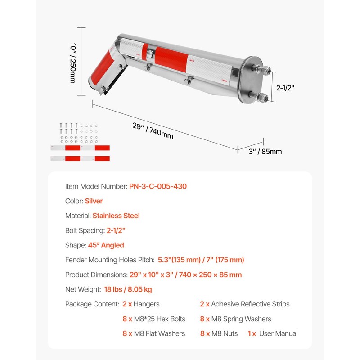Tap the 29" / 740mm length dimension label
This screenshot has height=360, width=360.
[153, 130]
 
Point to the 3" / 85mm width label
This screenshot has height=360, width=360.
[265, 152]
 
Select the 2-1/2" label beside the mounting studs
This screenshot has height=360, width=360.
[285, 89]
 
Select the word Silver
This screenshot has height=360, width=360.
[94, 201]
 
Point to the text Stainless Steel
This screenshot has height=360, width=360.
[116, 216]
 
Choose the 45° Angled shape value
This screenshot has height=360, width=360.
[106, 245]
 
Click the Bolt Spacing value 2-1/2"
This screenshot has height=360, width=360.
[116, 230]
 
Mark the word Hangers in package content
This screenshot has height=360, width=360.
[146, 304]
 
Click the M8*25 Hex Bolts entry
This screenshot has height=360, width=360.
[160, 319]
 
